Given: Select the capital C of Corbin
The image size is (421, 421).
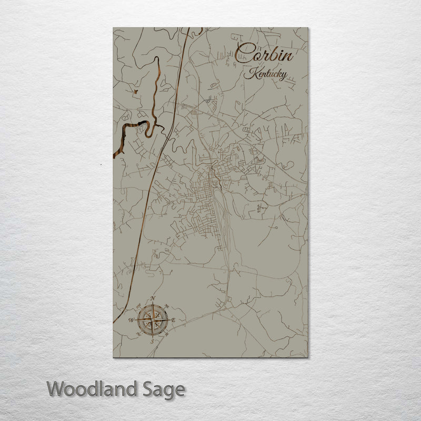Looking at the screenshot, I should point(244,53).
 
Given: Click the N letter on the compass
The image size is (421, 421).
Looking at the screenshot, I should point(153,299).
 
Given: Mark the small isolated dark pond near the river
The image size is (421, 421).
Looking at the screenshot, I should point(135,92).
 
